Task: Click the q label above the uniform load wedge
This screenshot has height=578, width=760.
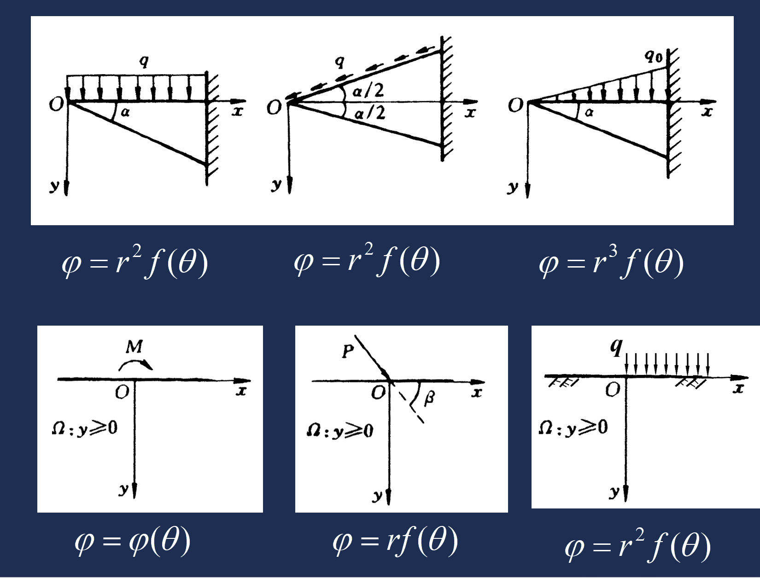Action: point(144,61)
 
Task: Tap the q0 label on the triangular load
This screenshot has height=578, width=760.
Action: point(653,56)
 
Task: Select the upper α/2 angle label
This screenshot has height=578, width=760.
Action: point(368,90)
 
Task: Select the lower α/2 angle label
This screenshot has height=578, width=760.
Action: point(369,113)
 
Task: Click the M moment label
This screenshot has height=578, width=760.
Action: point(134,346)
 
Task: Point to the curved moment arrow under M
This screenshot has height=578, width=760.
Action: point(135,364)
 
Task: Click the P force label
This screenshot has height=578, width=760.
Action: point(348,351)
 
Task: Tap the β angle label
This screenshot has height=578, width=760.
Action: point(429,397)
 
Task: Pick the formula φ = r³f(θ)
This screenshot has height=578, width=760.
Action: point(611,263)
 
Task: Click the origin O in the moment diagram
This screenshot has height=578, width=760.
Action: point(122,392)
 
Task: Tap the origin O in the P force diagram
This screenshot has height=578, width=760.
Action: point(378,393)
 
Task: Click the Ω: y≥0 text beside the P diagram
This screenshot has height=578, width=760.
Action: point(340,431)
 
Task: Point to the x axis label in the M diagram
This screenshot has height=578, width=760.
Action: point(241,391)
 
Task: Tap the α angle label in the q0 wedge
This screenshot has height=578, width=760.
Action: point(589,112)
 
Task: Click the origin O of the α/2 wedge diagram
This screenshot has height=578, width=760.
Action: point(274,108)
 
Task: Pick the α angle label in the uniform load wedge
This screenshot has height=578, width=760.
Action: point(125,112)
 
